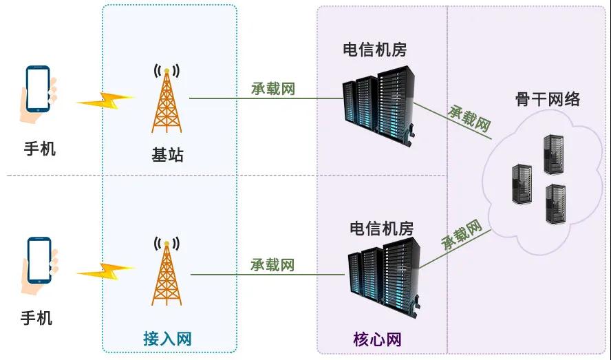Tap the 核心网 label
(x=377, y=339)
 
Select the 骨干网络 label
(x=548, y=99)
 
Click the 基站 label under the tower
(x=167, y=154)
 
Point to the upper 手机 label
(x=39, y=148)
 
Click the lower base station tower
(x=167, y=273)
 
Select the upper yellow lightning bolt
(x=104, y=100)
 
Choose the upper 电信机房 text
(x=375, y=50)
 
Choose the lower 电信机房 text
(x=382, y=229)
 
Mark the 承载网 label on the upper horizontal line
(x=272, y=89)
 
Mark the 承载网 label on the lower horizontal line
(x=272, y=264)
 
